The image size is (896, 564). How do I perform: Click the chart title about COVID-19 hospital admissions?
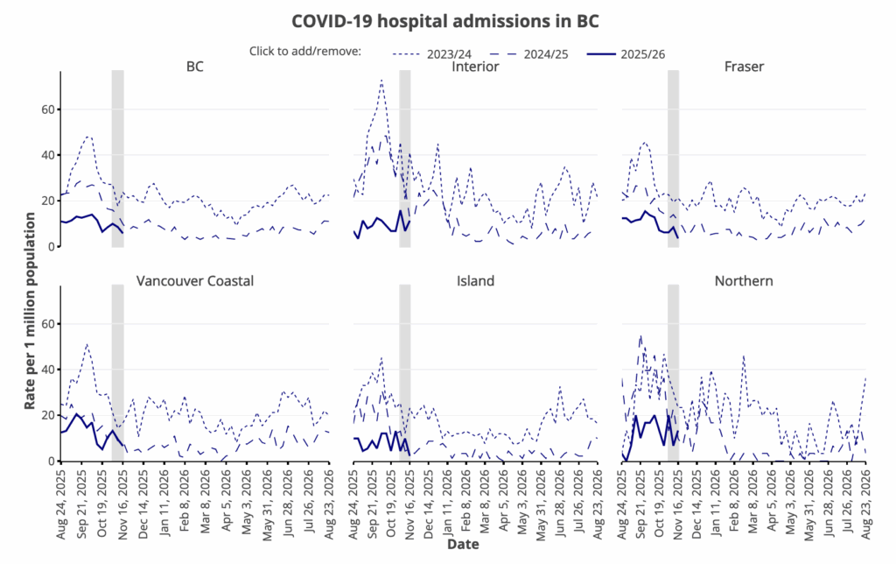(447, 19)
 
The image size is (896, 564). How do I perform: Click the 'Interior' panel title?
(475, 67)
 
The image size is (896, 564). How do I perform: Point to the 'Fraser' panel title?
(744, 67)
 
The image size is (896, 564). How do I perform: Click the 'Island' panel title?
(475, 281)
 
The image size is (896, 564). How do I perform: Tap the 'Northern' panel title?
(744, 281)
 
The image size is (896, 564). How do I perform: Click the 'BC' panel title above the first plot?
(194, 67)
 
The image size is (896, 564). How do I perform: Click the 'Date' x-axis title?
(463, 544)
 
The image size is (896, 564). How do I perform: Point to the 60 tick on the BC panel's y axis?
(46, 109)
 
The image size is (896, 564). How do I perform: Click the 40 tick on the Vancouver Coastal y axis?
(46, 370)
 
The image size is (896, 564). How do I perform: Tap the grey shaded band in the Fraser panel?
(673, 158)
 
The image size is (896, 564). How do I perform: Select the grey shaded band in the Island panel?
(404, 372)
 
